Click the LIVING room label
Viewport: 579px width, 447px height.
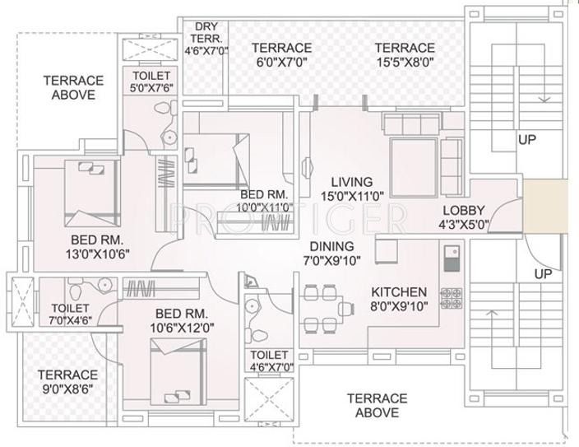[351, 182]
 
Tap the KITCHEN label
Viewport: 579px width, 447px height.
[399, 292]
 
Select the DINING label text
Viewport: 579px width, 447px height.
[331, 246]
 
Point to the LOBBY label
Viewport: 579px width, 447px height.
[464, 210]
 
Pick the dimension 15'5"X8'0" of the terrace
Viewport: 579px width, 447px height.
[405, 62]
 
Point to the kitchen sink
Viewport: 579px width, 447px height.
[451, 258]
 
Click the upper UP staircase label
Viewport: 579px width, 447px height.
[527, 139]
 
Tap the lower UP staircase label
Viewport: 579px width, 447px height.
[542, 273]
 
